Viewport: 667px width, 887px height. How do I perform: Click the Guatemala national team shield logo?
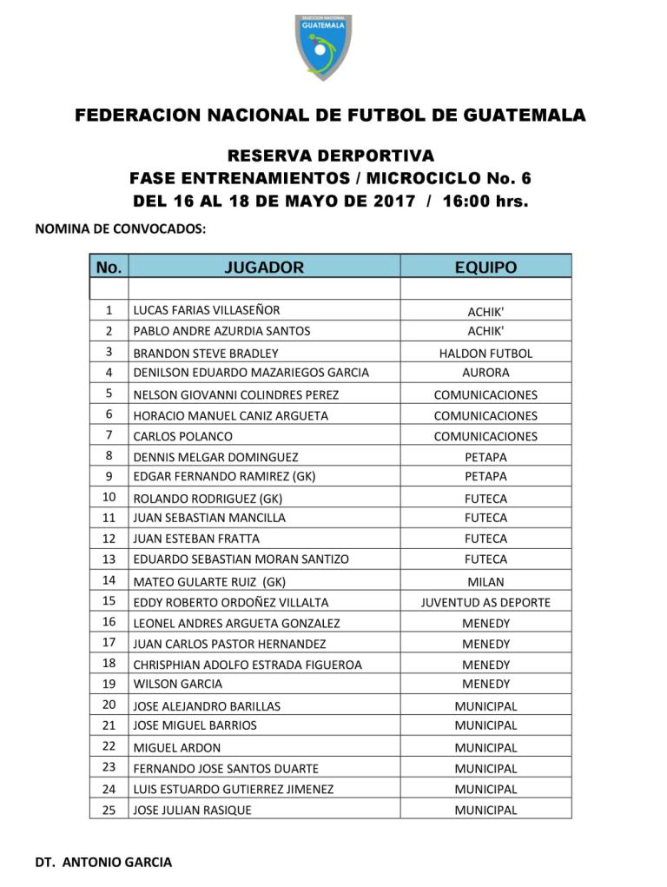(x=323, y=46)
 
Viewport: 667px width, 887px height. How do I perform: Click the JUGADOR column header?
(x=264, y=268)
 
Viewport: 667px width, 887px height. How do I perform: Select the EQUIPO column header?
(x=485, y=268)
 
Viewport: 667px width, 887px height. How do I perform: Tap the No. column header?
(x=109, y=268)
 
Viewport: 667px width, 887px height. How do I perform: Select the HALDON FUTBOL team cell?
(x=485, y=354)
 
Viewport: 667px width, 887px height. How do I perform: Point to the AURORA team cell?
(x=485, y=373)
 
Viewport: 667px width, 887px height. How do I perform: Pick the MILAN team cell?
(x=485, y=582)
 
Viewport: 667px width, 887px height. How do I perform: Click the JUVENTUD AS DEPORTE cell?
(x=485, y=602)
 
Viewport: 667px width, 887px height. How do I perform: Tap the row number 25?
(x=109, y=810)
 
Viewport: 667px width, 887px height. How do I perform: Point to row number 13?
(x=109, y=559)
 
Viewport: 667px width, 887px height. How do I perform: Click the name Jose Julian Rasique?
(x=192, y=810)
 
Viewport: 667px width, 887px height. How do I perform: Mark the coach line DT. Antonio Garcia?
(x=103, y=863)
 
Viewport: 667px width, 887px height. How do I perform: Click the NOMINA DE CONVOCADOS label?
(x=120, y=229)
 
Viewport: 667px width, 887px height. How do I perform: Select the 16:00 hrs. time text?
(x=485, y=202)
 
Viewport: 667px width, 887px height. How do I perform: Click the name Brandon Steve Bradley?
(x=205, y=354)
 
